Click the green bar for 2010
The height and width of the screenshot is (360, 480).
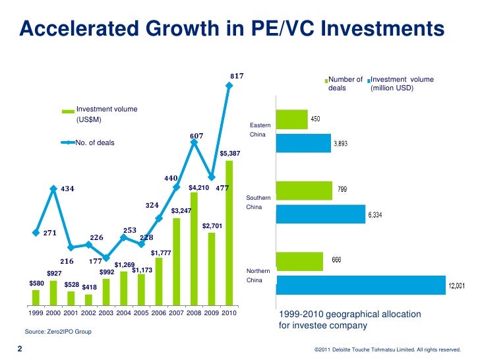229,233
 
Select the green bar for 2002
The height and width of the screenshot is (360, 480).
88,300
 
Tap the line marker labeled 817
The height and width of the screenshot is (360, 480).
229,86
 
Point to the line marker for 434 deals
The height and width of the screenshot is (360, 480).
53,189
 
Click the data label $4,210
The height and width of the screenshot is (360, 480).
198,188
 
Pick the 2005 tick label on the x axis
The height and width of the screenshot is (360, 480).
141,313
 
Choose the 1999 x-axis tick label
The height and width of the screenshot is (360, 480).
36,313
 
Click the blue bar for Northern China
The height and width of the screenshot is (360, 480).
361,285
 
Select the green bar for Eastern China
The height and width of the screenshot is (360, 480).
291,119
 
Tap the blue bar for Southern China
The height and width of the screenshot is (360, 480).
320,214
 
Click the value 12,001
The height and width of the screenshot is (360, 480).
456,285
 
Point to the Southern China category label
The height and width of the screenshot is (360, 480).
258,202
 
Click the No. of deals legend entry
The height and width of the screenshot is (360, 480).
88,142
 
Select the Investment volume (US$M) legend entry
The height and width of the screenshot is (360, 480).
100,114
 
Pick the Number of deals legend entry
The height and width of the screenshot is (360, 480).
344,84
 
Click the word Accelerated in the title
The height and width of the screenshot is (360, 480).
79,28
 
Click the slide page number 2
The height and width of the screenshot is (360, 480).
20,349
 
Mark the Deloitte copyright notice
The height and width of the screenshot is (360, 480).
388,349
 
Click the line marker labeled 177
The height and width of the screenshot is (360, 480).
106,258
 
